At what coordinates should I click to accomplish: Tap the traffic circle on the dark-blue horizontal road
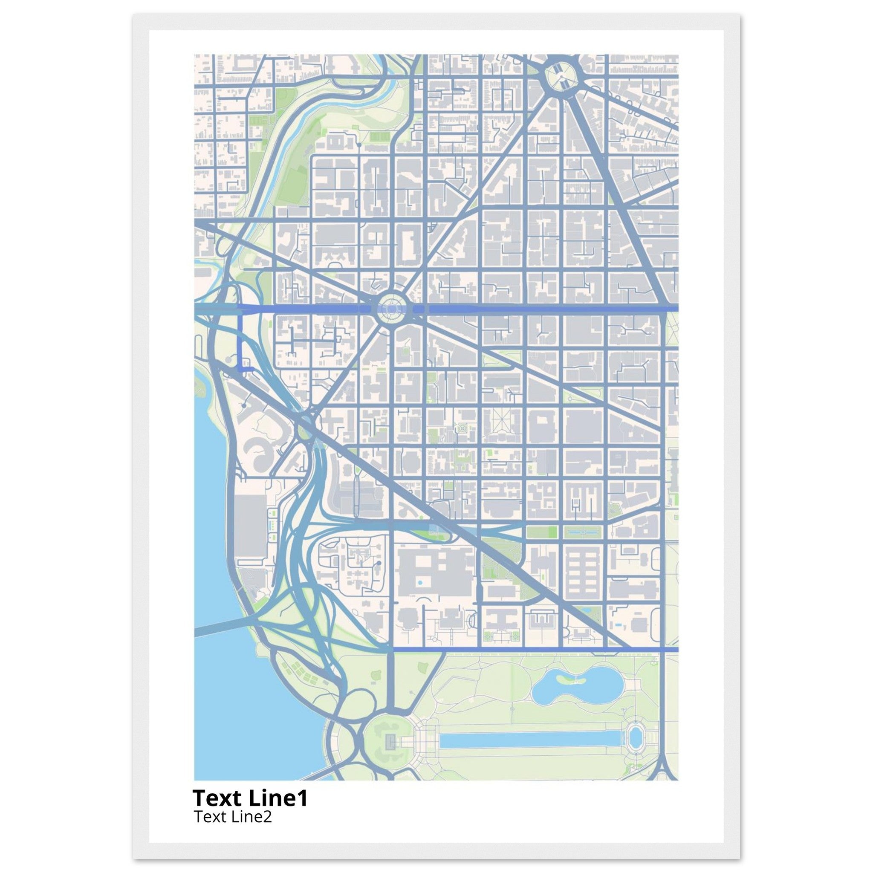tap(391, 309)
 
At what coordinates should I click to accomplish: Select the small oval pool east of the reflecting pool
tap(635, 737)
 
